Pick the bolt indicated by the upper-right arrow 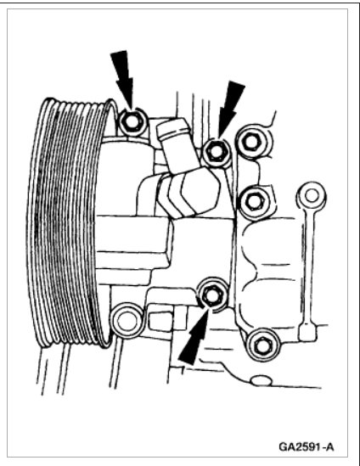[216, 151]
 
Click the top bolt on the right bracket [252, 142]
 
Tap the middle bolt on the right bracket [251, 199]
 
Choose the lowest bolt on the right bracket [260, 344]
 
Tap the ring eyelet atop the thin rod [307, 192]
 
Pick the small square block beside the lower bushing [158, 319]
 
